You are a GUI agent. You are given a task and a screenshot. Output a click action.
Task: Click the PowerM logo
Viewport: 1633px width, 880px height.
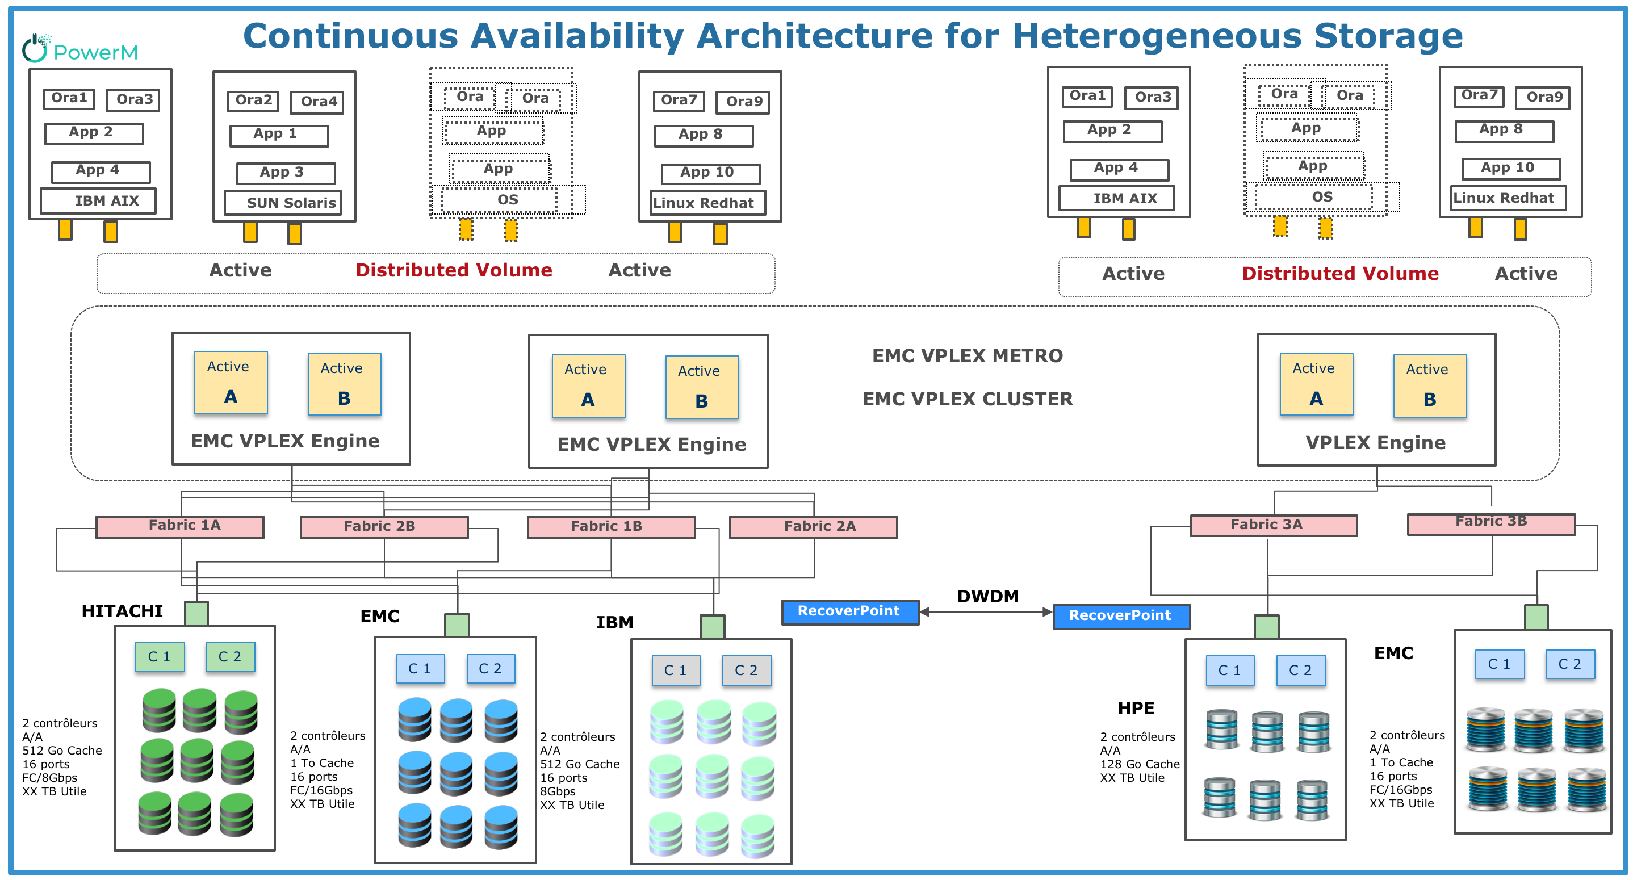[x=81, y=49]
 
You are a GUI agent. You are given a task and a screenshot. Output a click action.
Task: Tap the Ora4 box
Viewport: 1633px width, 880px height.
[x=317, y=102]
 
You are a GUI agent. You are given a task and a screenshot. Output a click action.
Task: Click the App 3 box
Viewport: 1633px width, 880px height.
[x=285, y=173]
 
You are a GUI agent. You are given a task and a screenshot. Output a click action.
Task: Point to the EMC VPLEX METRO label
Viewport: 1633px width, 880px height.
[x=968, y=355]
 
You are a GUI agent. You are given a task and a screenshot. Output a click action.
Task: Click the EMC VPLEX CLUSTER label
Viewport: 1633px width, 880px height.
[x=968, y=399]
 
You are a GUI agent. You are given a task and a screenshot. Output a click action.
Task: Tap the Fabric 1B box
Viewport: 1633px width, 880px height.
[x=611, y=527]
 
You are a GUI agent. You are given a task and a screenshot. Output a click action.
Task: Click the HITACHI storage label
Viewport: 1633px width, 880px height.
[x=122, y=611]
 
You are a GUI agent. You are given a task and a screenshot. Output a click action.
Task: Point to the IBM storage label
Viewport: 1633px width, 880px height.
[x=614, y=623]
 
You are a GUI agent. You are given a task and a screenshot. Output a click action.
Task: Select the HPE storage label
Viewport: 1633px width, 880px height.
[x=1136, y=708]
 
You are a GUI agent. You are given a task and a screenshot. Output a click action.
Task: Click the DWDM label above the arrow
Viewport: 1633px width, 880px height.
[x=987, y=597]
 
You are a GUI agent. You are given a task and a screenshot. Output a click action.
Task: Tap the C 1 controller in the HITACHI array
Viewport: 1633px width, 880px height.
[x=160, y=657]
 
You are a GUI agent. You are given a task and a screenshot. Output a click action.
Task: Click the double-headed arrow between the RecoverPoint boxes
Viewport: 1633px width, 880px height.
[x=986, y=613]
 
